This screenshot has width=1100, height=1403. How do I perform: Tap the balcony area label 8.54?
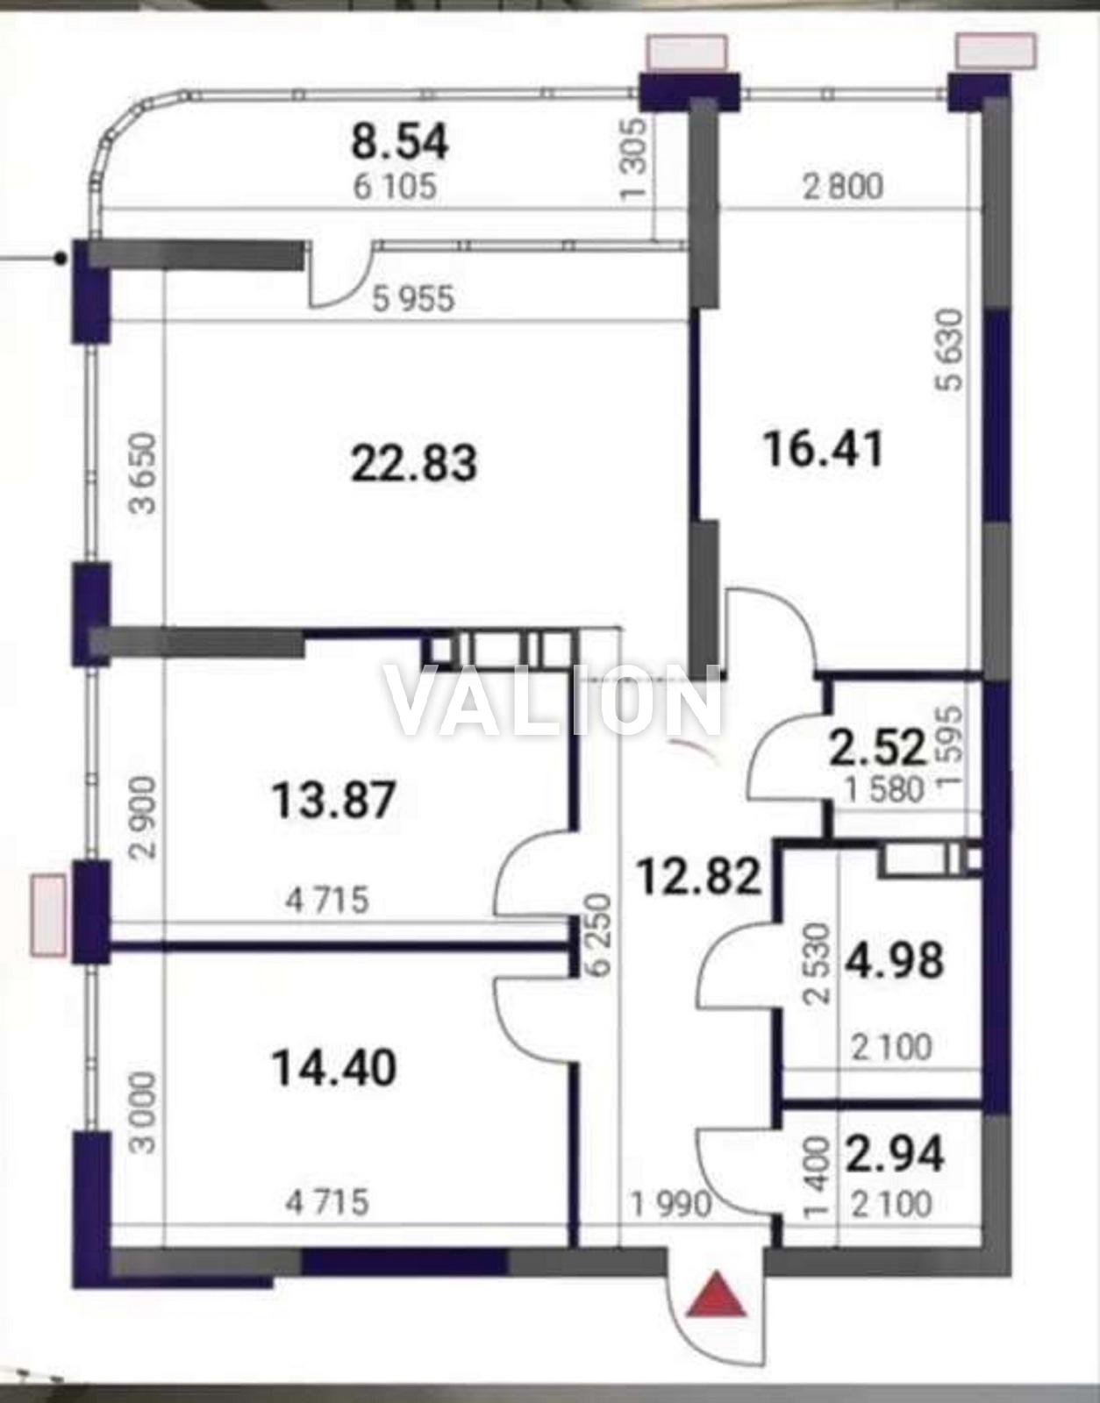[400, 143]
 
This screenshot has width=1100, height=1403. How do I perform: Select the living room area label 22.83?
[414, 464]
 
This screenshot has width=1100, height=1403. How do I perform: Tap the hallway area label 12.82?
[699, 876]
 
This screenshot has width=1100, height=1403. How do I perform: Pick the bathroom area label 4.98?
[895, 960]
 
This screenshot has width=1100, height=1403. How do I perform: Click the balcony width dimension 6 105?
[396, 188]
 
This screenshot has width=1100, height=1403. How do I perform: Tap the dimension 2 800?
[842, 188]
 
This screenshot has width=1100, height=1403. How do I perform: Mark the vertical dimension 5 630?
[950, 351]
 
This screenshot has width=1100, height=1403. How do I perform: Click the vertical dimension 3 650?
[143, 474]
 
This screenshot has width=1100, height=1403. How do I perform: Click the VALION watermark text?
[553, 701]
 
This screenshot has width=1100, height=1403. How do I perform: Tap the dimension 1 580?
[885, 791]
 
